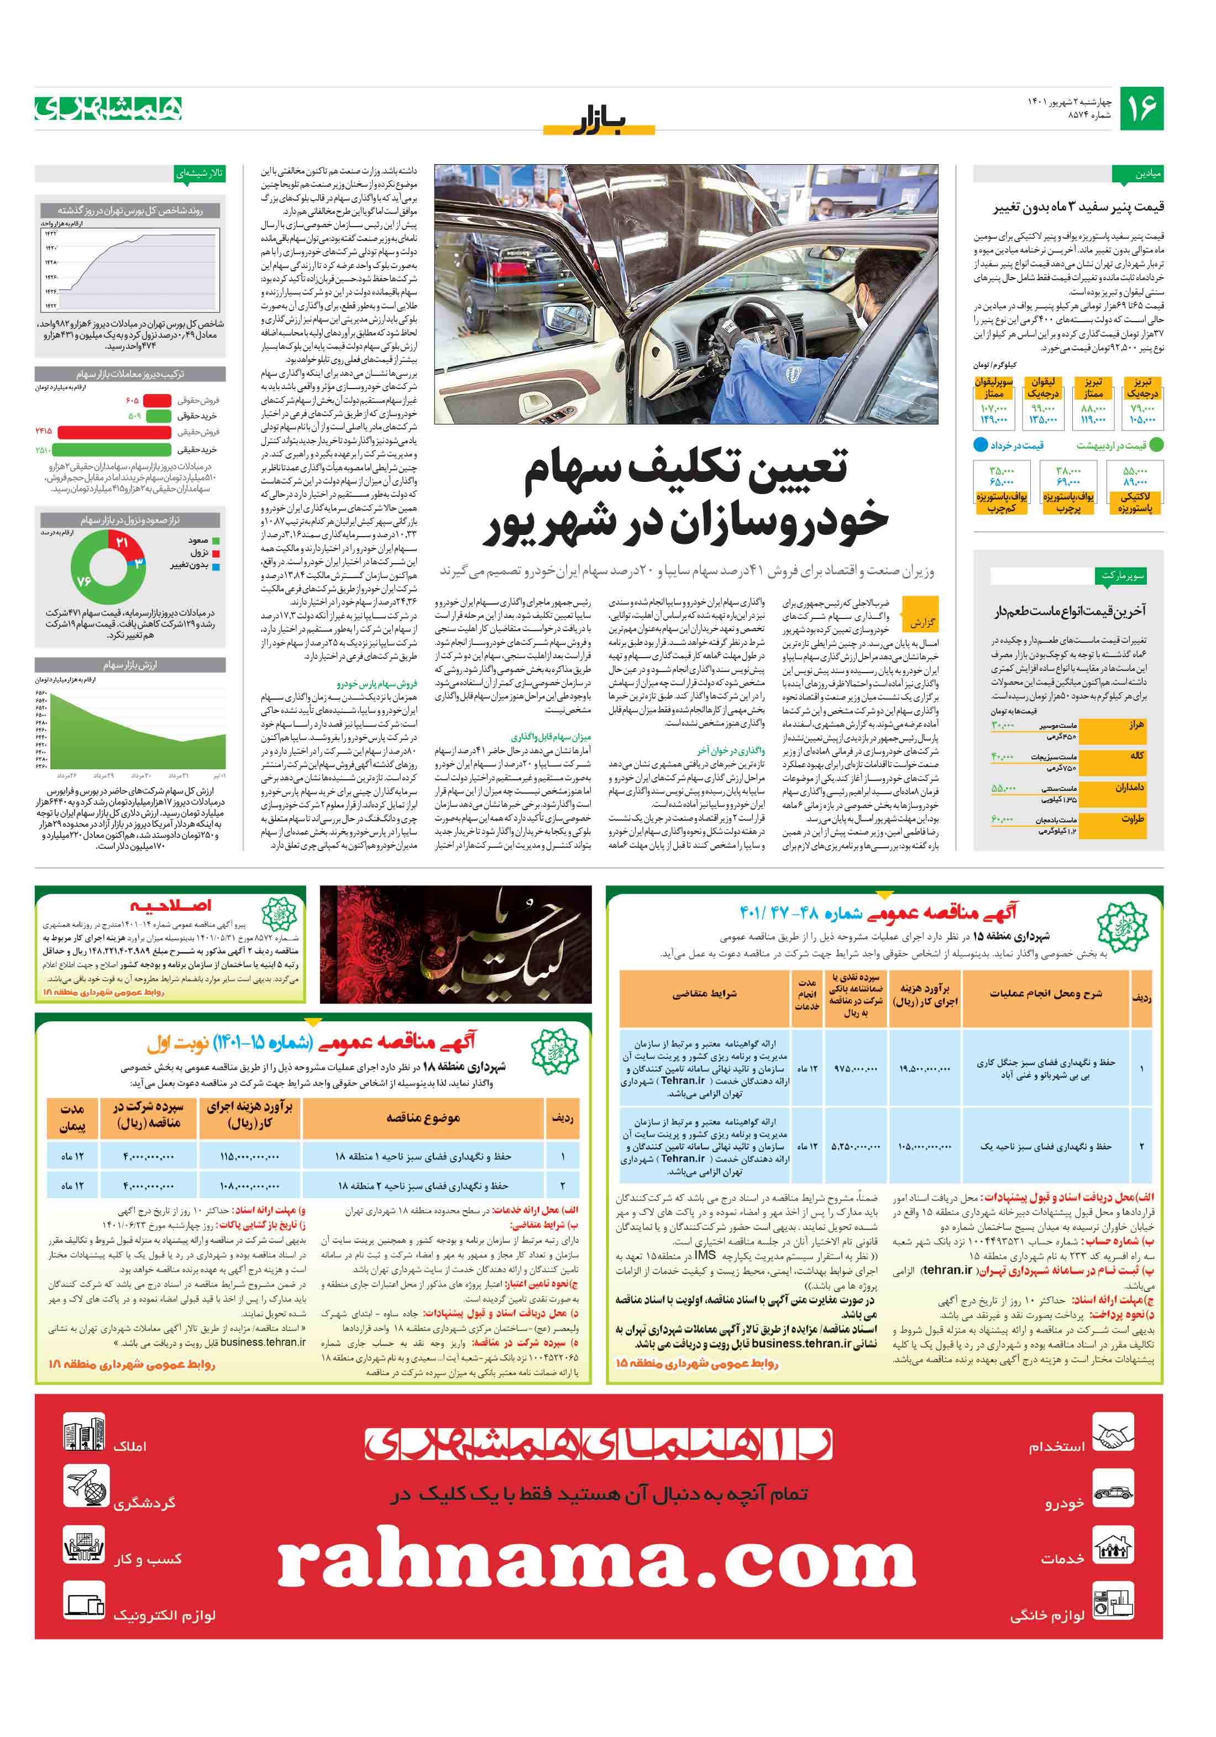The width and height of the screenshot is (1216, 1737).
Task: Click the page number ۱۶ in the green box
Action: [1140, 108]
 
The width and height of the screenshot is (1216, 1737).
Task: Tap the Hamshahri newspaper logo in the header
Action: [108, 109]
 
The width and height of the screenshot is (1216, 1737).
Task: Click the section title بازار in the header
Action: [599, 121]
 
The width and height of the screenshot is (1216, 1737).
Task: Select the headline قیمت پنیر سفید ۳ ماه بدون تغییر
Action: [1078, 207]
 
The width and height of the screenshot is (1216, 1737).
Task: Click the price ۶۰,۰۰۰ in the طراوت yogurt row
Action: [1002, 818]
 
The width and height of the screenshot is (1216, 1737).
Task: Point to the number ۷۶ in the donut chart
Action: [84, 581]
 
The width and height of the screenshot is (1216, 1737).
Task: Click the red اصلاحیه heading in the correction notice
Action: [170, 905]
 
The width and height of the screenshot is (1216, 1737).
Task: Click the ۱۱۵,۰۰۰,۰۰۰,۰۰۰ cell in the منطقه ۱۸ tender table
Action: [250, 1156]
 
